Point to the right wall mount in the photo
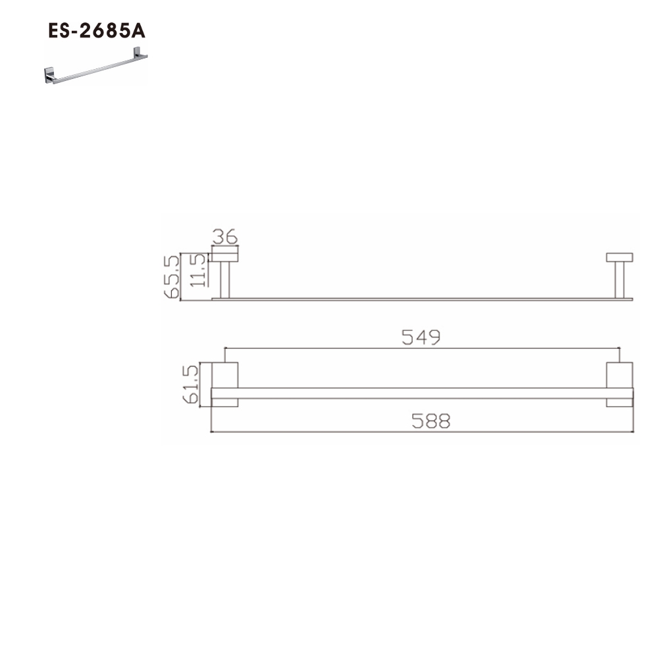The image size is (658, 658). [139, 53]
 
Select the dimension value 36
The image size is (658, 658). [225, 236]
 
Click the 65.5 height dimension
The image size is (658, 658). [171, 276]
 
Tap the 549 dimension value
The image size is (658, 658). [421, 337]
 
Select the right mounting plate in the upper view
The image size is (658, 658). [619, 257]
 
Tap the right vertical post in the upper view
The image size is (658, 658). [619, 280]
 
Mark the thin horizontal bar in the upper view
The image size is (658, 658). [421, 299]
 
